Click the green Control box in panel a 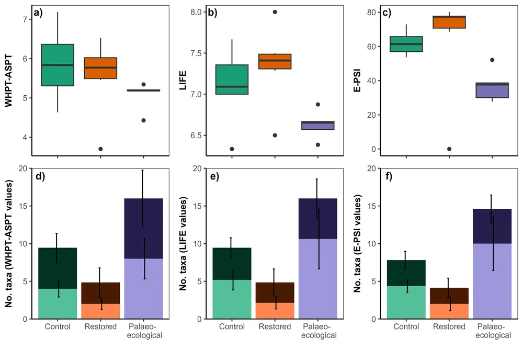tap(58, 65)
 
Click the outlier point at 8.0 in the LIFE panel tap(275, 12)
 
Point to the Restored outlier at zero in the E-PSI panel tap(449, 149)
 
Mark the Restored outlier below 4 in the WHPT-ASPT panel tap(100, 149)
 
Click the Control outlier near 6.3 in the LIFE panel tap(232, 149)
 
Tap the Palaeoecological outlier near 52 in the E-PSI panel tap(492, 60)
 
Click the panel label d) tap(40, 176)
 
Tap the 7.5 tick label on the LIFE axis tap(195, 53)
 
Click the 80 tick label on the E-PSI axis tap(371, 12)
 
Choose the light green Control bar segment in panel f tap(406, 302)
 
